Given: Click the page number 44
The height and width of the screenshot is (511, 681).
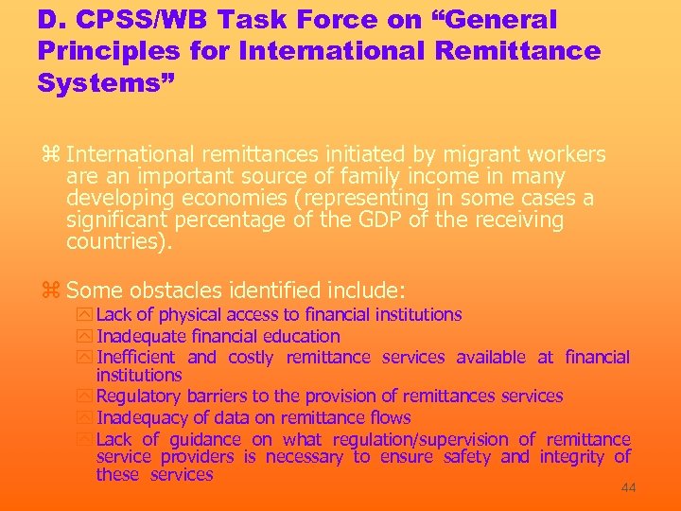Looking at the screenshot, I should (x=628, y=488).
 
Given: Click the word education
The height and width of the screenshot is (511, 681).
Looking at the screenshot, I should (x=302, y=336).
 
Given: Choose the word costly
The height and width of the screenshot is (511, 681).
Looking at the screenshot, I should (x=251, y=357).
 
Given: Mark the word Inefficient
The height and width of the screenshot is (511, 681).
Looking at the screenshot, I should (x=135, y=357).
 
